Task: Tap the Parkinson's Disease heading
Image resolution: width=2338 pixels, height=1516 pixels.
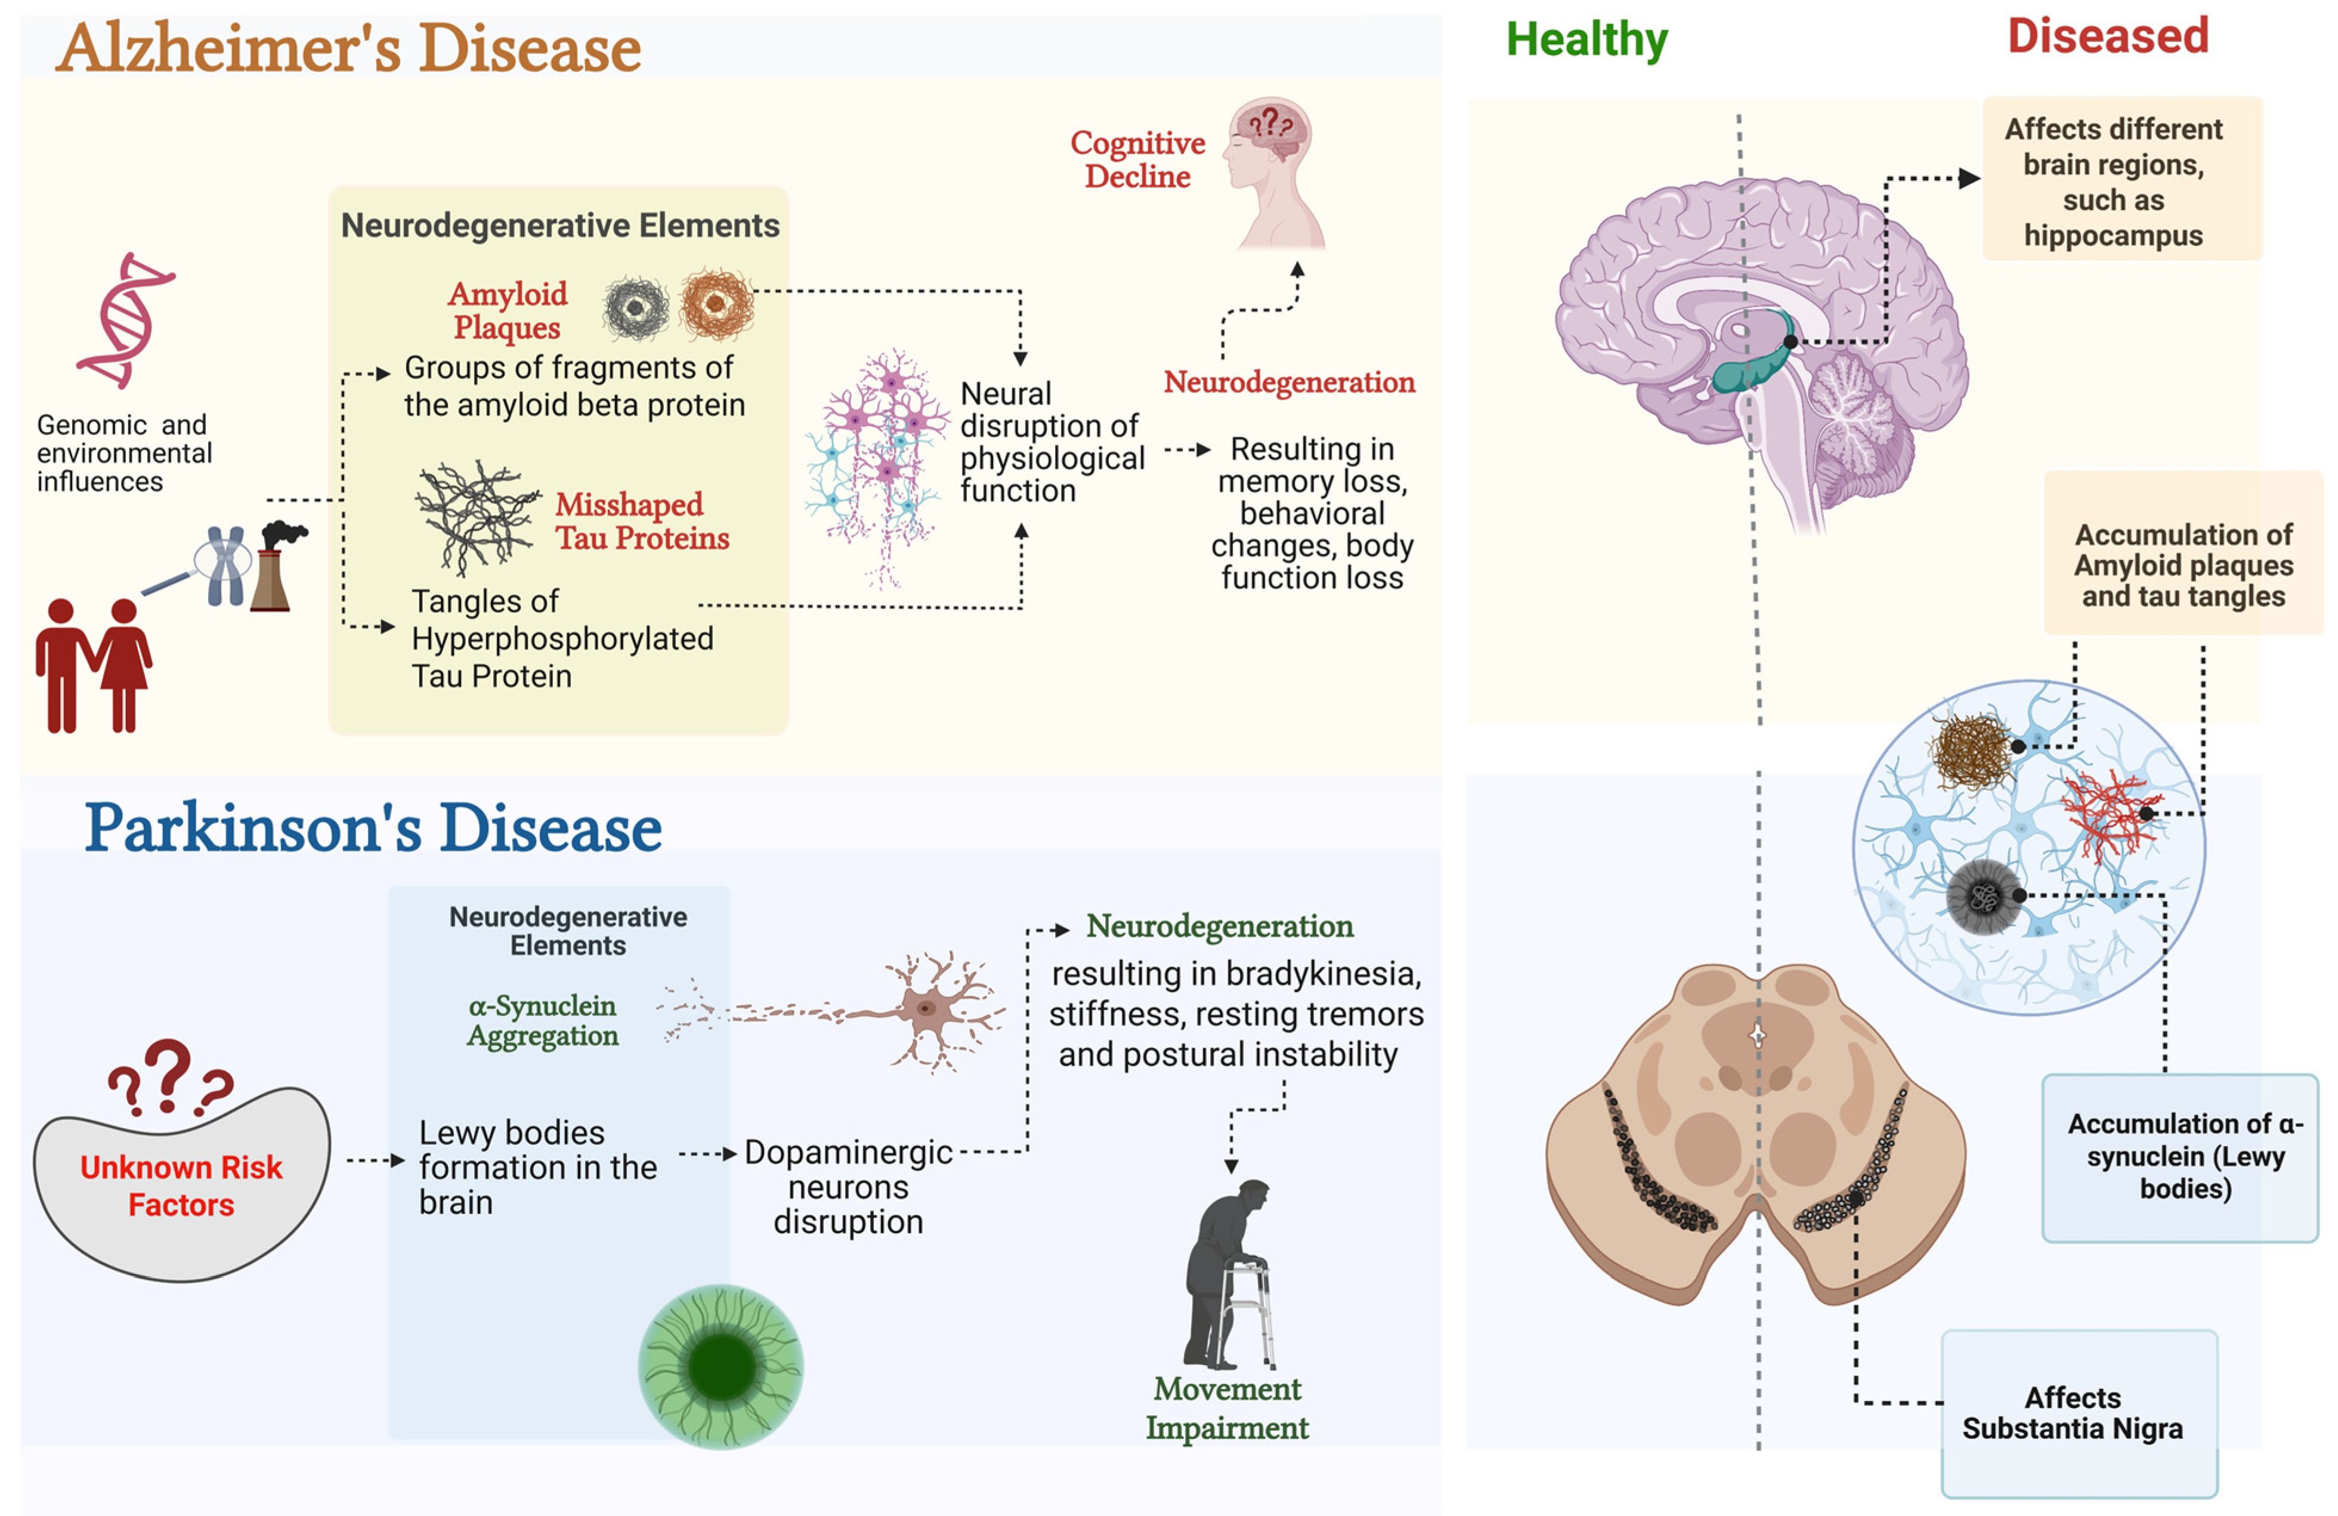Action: pos(373,828)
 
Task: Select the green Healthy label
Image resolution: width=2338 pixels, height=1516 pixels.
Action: pos(1586,41)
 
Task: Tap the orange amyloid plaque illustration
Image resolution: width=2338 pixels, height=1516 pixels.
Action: pos(717,304)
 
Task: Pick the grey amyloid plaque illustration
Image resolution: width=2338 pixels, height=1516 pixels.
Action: pos(636,307)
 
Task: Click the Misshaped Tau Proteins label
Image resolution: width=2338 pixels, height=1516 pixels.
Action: pos(642,521)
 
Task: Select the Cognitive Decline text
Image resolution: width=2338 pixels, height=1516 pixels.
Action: pos(1137,159)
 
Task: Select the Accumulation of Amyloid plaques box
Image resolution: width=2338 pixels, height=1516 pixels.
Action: pos(2183,552)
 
